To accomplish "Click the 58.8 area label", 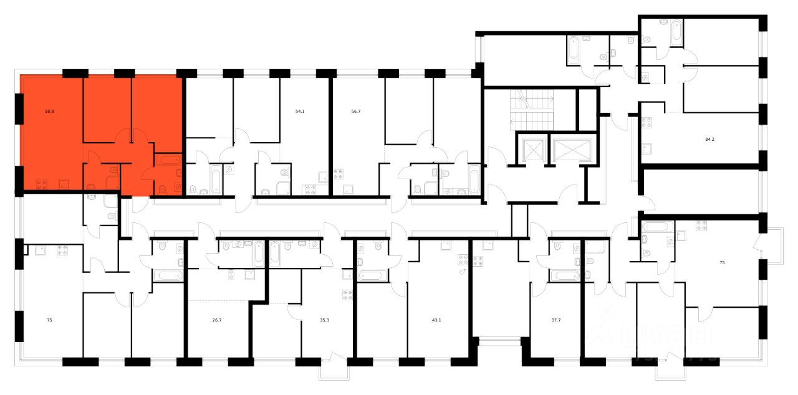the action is point(49,112).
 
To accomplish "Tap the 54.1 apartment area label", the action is point(300,112).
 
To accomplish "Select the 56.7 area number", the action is point(356,112).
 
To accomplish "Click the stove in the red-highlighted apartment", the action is point(42,183).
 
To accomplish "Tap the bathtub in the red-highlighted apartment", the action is point(168,160).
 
